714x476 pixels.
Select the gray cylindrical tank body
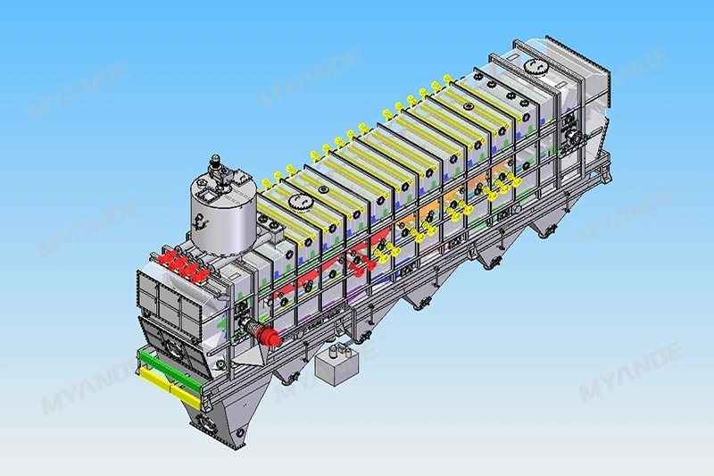pyautogui.click(x=221, y=219)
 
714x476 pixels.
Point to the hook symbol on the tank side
pyautogui.click(x=199, y=222)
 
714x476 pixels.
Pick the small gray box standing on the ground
pyautogui.click(x=336, y=366)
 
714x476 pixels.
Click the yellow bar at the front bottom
pyautogui.click(x=170, y=387)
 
